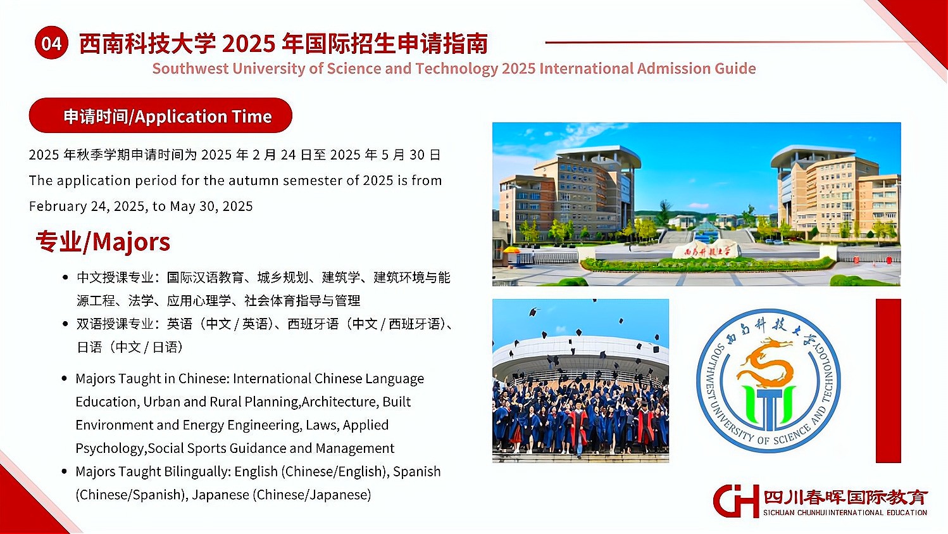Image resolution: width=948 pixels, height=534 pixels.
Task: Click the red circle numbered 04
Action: [x=52, y=43]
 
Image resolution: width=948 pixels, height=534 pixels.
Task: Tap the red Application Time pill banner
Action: [x=160, y=115]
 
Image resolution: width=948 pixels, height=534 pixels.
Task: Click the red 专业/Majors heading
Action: [x=103, y=242]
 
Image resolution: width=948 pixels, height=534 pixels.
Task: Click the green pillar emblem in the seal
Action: [x=768, y=405]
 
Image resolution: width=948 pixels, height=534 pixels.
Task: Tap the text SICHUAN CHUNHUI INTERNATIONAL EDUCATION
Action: [x=845, y=513]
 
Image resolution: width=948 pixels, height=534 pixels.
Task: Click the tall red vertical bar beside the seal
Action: [x=889, y=381]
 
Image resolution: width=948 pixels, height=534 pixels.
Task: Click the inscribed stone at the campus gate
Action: [x=706, y=251]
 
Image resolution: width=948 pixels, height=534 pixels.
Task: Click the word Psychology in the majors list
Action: [x=109, y=448]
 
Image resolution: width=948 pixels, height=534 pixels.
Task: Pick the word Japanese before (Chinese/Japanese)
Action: [x=220, y=495]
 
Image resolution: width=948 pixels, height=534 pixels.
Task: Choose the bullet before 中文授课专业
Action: [x=65, y=278]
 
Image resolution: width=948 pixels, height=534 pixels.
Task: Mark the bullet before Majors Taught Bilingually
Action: [x=65, y=471]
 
